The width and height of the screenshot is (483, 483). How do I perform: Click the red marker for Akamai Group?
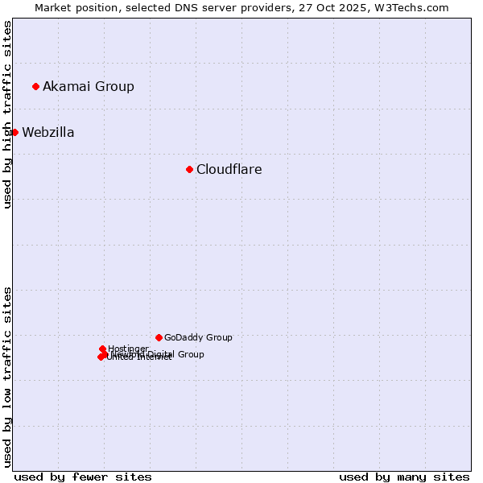point(35,86)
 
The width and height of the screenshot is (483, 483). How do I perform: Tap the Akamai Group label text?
point(89,87)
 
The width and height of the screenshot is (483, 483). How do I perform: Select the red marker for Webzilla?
point(14,132)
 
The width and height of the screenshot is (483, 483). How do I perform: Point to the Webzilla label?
point(48,133)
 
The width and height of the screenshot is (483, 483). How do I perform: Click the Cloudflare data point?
point(189,169)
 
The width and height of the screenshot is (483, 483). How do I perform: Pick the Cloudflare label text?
point(229,170)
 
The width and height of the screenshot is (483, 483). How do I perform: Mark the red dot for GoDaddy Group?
point(159,337)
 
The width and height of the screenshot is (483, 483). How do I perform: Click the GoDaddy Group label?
point(198,338)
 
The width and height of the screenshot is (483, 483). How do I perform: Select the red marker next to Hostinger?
point(102,349)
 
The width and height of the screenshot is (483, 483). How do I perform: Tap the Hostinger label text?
point(129,349)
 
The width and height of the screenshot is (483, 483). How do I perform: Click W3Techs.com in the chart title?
point(410,8)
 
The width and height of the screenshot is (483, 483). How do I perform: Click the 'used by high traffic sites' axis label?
point(8,114)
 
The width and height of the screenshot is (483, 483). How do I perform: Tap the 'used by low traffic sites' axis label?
point(8,377)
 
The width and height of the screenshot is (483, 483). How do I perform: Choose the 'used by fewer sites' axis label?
point(83,477)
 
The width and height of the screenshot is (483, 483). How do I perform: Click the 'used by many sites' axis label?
point(404,477)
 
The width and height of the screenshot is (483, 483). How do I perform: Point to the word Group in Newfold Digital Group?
point(191,354)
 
